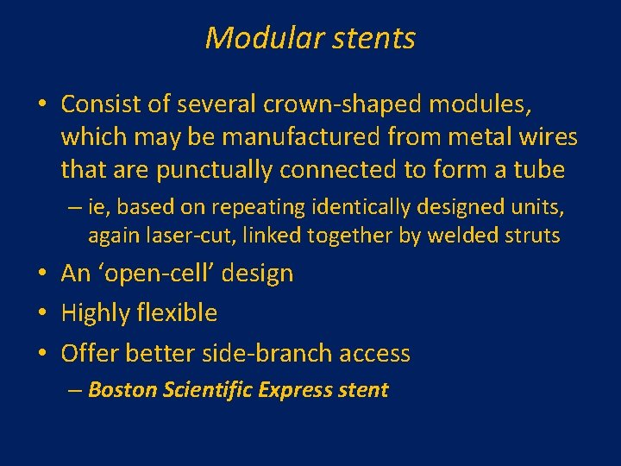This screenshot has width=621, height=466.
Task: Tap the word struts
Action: (534, 235)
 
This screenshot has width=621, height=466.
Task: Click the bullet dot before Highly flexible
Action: (43, 313)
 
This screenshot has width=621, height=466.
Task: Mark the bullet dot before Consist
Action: (43, 105)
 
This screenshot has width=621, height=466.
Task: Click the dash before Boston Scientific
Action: (75, 390)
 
